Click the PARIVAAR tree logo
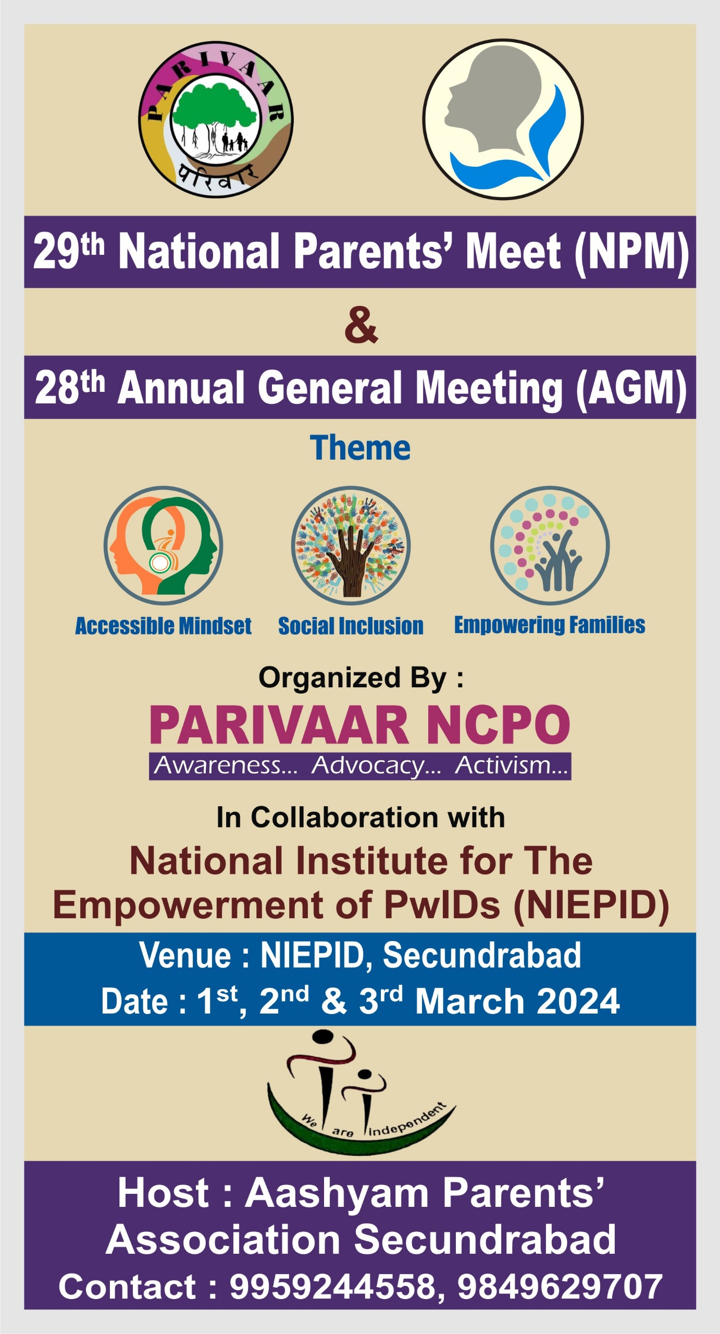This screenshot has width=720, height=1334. click(216, 119)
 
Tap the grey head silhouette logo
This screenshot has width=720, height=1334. click(503, 119)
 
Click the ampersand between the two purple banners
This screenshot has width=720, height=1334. click(361, 325)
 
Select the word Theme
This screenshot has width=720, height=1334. click(360, 448)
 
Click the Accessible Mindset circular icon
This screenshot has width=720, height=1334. click(163, 546)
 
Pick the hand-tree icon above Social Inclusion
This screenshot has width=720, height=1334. click(351, 546)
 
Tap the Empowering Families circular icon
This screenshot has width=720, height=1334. click(550, 546)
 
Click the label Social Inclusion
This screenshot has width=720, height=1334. click(351, 626)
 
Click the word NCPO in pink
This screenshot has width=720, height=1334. click(498, 725)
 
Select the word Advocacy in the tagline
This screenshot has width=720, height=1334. click(376, 766)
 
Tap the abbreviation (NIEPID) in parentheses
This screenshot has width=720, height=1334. click(591, 906)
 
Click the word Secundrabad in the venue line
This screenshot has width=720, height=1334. click(482, 955)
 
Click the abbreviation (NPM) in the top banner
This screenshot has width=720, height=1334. click(632, 253)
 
